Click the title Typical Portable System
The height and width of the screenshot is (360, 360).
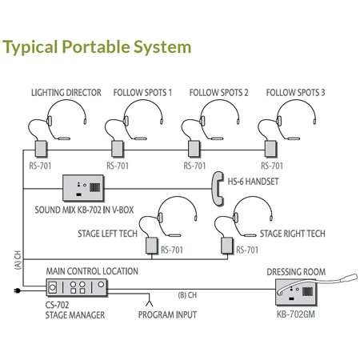tap(98, 45)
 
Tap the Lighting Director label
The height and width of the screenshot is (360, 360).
tap(66, 93)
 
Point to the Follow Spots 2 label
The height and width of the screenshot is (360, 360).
tap(218, 93)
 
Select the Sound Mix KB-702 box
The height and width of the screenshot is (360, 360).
tap(90, 189)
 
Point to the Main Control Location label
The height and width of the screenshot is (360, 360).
tap(92, 272)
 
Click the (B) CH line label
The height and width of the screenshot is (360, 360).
tap(188, 294)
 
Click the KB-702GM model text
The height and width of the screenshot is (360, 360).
tap(297, 315)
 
